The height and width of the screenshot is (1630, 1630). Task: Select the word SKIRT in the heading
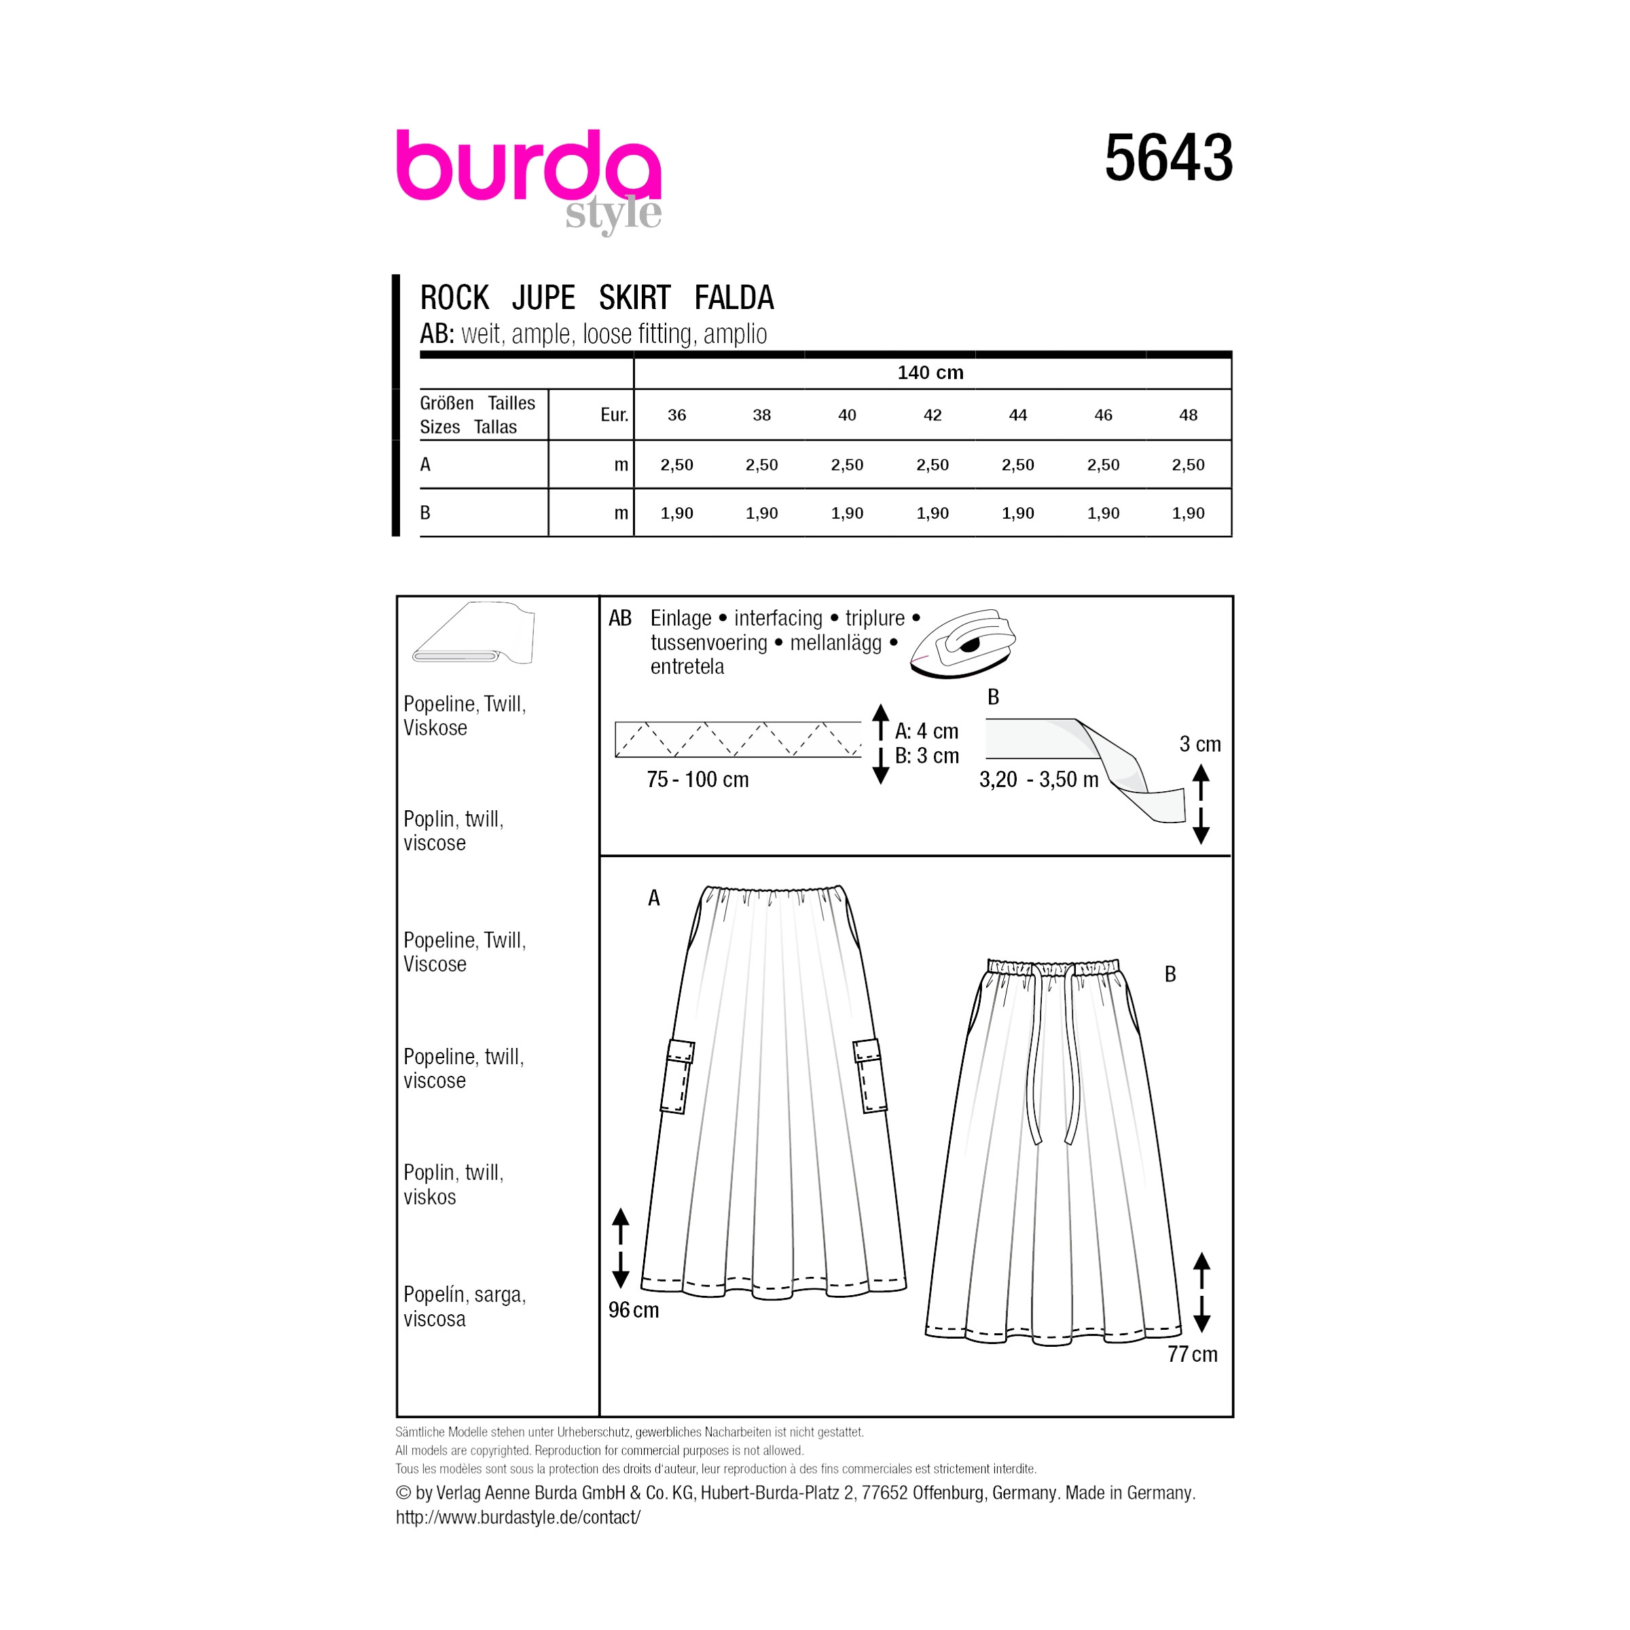pos(634,298)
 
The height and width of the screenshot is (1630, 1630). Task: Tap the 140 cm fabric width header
pos(930,372)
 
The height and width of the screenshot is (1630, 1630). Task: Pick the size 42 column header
pos(932,415)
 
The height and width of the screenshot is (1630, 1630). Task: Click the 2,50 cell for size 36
pos(676,465)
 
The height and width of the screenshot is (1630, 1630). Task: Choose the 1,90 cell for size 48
pos(1188,513)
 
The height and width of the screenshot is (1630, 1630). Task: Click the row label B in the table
pos(425,513)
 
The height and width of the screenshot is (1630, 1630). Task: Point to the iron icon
pos(962,643)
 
